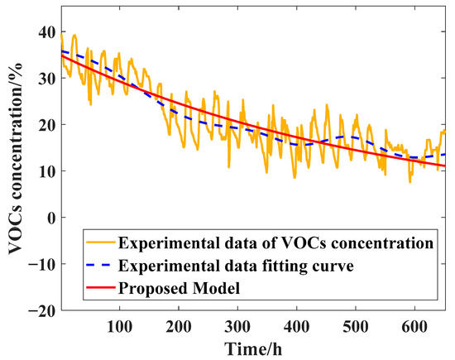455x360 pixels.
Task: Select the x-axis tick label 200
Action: [x=179, y=324]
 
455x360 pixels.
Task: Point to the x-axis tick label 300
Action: [x=237, y=324]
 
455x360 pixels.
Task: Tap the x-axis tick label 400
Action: [x=296, y=324]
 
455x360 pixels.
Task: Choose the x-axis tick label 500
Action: [x=355, y=324]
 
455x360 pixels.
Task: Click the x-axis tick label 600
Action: [x=414, y=324]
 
